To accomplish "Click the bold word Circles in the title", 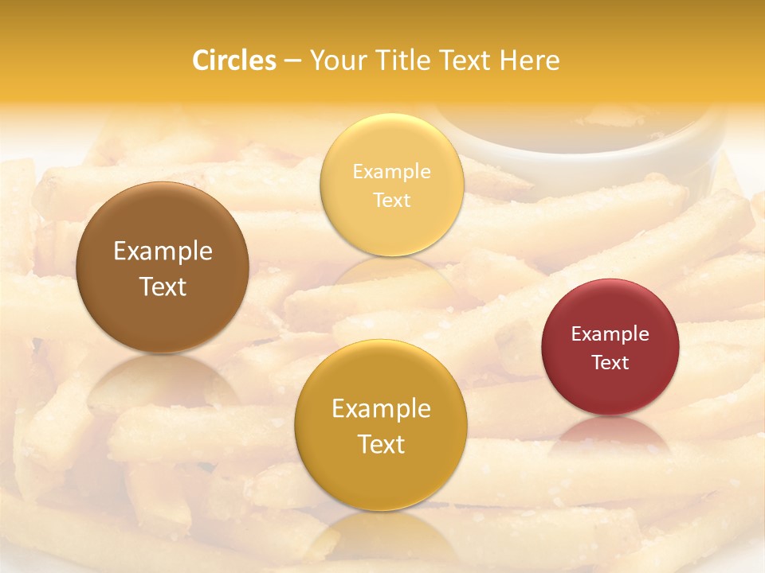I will (234, 60).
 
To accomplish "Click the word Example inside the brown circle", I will (163, 251).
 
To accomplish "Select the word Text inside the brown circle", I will (163, 287).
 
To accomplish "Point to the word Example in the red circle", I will (610, 334).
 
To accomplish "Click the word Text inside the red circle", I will (610, 363).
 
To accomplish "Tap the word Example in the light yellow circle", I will (392, 172).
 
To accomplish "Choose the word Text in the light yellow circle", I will (392, 201).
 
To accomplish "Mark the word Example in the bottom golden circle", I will (381, 409).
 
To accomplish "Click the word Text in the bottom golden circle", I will (381, 445).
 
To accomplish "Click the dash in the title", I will (292, 61).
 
